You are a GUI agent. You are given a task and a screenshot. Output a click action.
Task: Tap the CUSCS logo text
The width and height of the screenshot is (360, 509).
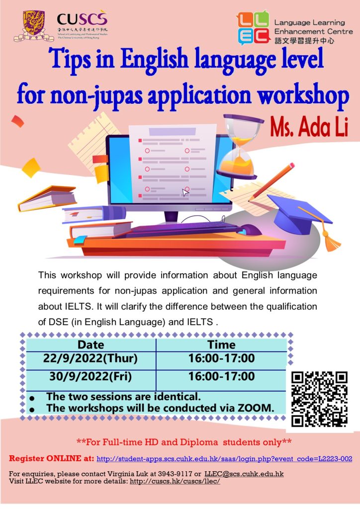tap(82, 19)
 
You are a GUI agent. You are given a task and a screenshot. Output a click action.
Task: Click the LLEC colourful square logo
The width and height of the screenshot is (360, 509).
tap(253, 28)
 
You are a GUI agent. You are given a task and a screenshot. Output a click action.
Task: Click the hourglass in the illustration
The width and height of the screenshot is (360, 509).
tap(240, 146)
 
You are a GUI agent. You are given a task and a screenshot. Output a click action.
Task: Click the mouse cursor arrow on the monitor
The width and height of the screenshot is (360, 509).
tap(185, 192)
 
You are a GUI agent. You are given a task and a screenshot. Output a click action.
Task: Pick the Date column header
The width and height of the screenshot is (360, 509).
tap(91, 344)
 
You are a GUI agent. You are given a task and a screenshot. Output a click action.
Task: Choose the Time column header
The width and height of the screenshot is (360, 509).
tap(221, 344)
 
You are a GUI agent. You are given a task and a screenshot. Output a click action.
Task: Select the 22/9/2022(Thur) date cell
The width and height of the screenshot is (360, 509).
tap(90, 358)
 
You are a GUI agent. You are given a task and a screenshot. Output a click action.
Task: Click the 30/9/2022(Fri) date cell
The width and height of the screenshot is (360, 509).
tap(90, 376)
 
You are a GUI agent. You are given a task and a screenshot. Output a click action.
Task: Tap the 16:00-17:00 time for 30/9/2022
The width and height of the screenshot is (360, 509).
tap(222, 376)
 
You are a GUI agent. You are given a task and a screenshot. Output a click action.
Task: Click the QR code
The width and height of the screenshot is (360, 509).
tap(319, 399)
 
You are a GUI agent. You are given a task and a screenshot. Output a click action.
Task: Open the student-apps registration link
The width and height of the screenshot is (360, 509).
tap(224, 459)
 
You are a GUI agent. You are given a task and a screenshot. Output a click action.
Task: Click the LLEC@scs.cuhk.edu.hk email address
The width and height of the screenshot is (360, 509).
tap(244, 474)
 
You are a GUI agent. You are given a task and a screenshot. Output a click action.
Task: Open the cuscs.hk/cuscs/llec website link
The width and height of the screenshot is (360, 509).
tap(175, 481)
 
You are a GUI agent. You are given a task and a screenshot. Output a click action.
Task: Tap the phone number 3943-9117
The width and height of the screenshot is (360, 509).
tap(175, 474)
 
